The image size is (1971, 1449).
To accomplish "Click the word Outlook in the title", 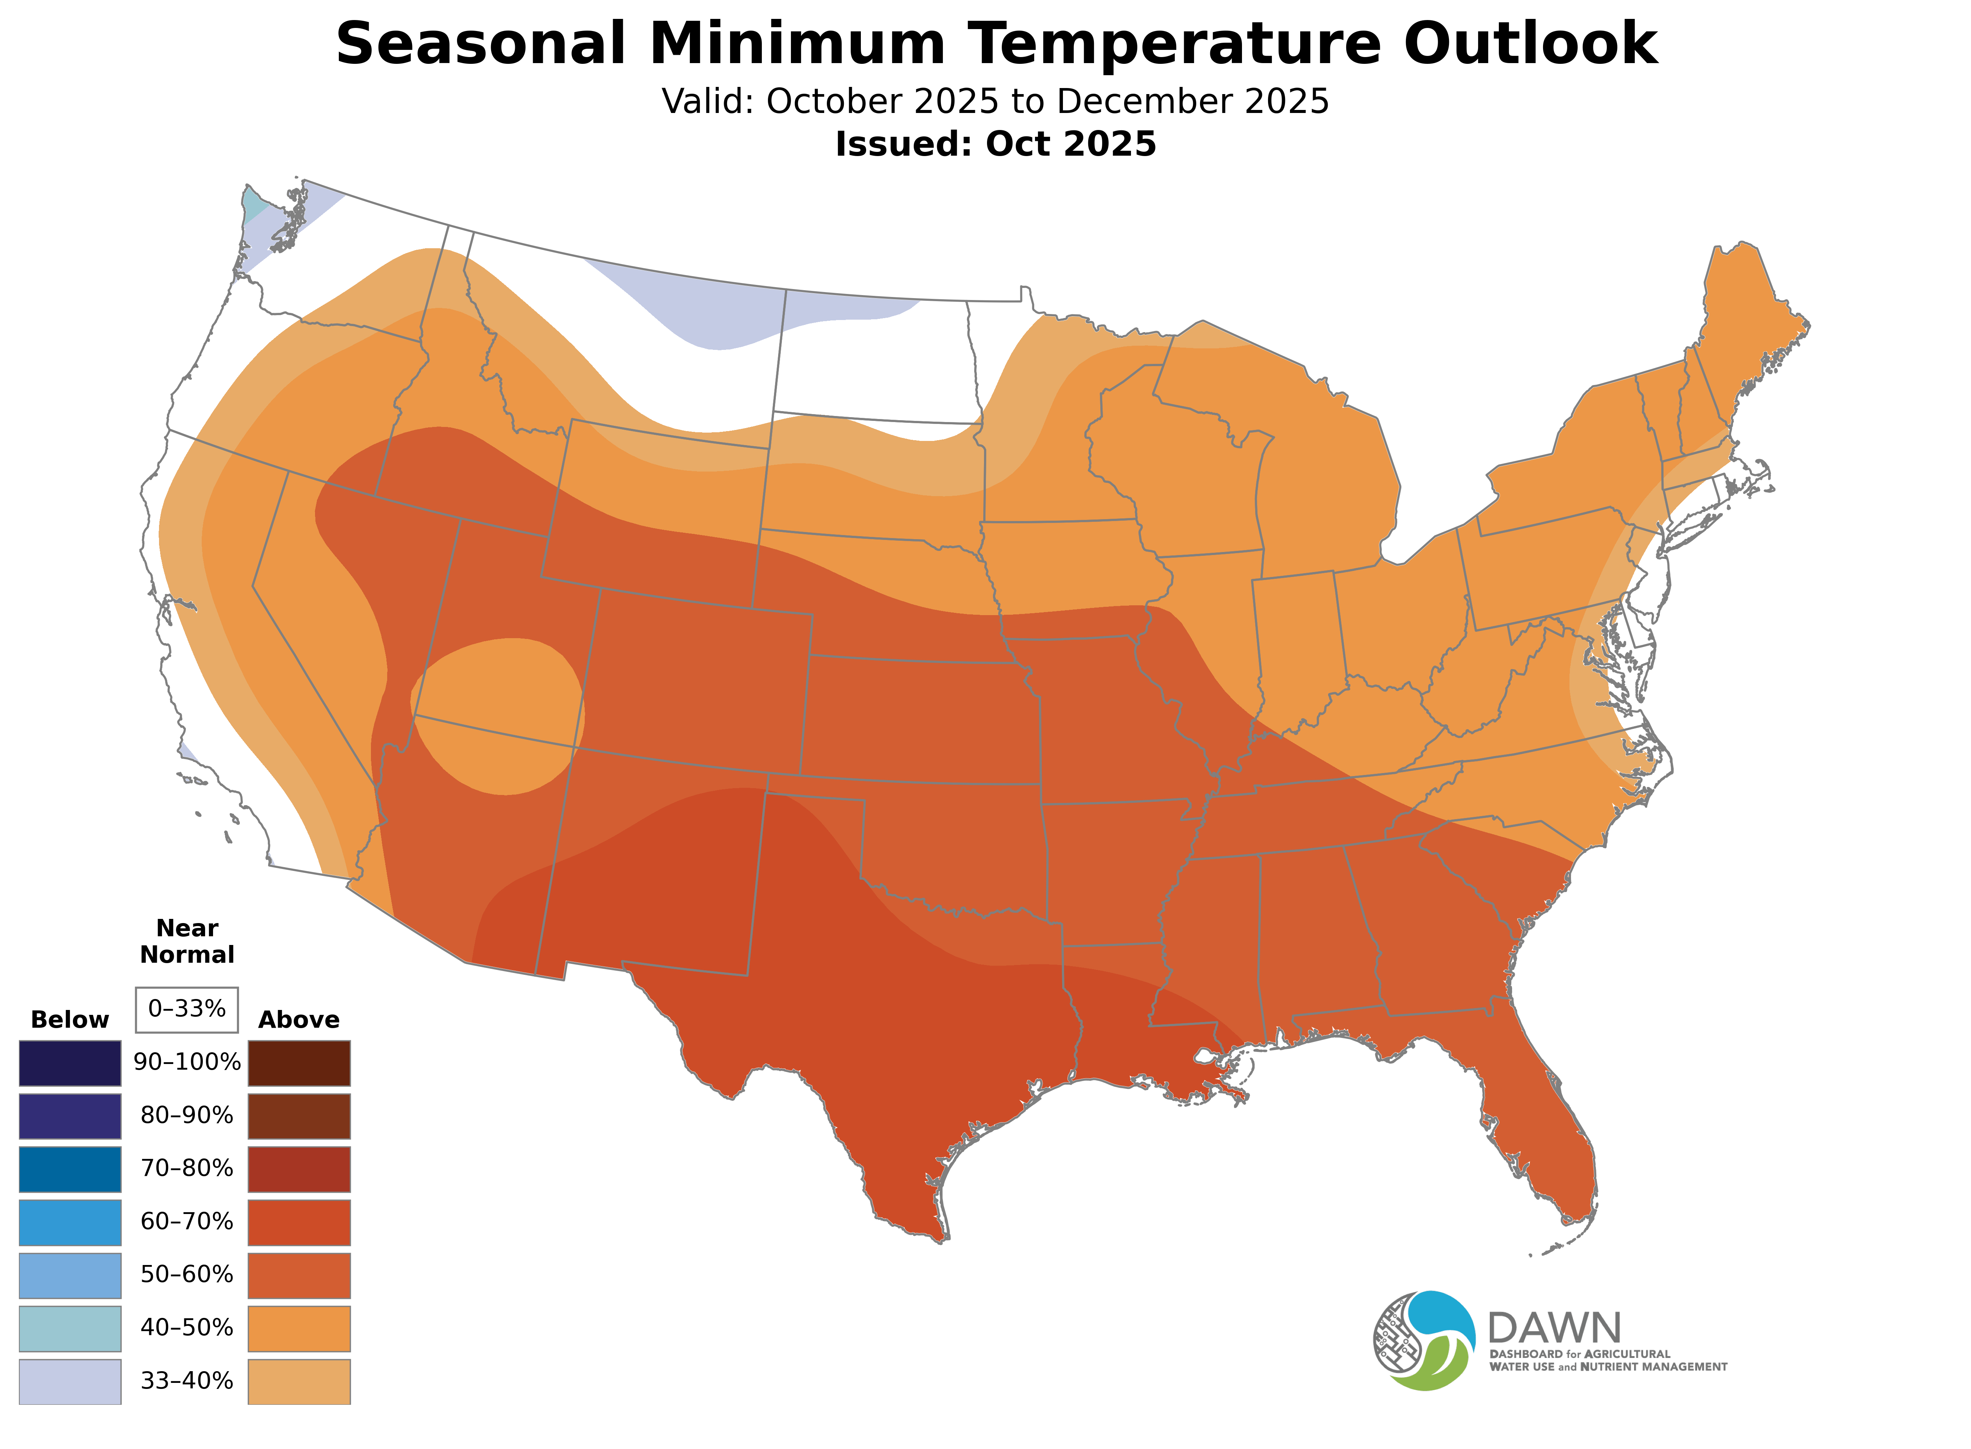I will tap(1530, 44).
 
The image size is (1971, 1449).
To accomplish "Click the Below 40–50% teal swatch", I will tap(70, 1328).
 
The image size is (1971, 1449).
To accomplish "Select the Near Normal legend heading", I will tap(187, 941).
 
